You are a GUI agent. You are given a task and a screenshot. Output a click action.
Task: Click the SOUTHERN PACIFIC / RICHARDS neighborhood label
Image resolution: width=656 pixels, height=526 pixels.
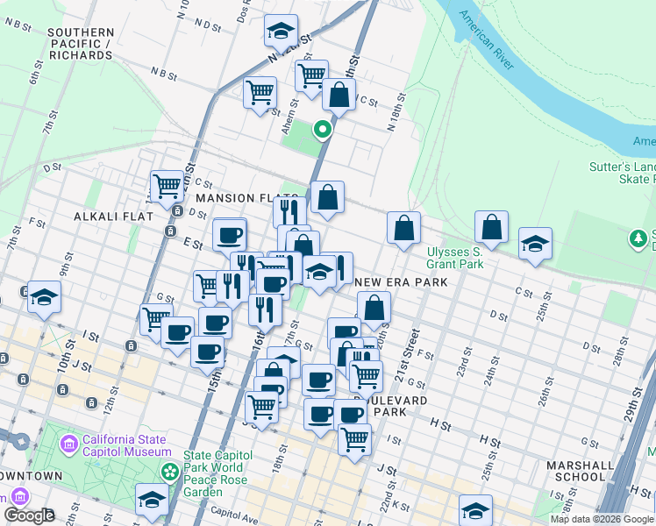pyautogui.click(x=81, y=44)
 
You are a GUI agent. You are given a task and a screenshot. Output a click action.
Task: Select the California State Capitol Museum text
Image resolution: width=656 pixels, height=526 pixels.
pyautogui.click(x=127, y=445)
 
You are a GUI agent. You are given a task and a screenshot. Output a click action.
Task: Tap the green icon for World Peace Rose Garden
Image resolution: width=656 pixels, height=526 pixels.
pyautogui.click(x=169, y=473)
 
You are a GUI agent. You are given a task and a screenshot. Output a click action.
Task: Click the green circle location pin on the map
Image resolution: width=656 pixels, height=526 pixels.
pyautogui.click(x=323, y=131)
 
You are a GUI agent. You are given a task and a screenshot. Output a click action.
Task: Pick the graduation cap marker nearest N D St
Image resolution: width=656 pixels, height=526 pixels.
pyautogui.click(x=281, y=31)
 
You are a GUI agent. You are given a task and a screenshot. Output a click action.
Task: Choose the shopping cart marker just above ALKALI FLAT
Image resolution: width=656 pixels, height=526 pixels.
pyautogui.click(x=167, y=185)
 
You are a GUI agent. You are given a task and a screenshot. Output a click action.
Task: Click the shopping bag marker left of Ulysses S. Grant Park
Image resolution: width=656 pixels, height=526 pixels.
pyautogui.click(x=403, y=228)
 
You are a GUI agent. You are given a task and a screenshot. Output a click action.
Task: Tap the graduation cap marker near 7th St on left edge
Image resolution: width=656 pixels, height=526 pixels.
pyautogui.click(x=44, y=297)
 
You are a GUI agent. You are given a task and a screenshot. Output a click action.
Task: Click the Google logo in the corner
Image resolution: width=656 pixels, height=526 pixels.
pyautogui.click(x=30, y=515)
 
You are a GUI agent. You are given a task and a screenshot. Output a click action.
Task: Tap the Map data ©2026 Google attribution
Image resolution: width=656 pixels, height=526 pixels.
pyautogui.click(x=602, y=519)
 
